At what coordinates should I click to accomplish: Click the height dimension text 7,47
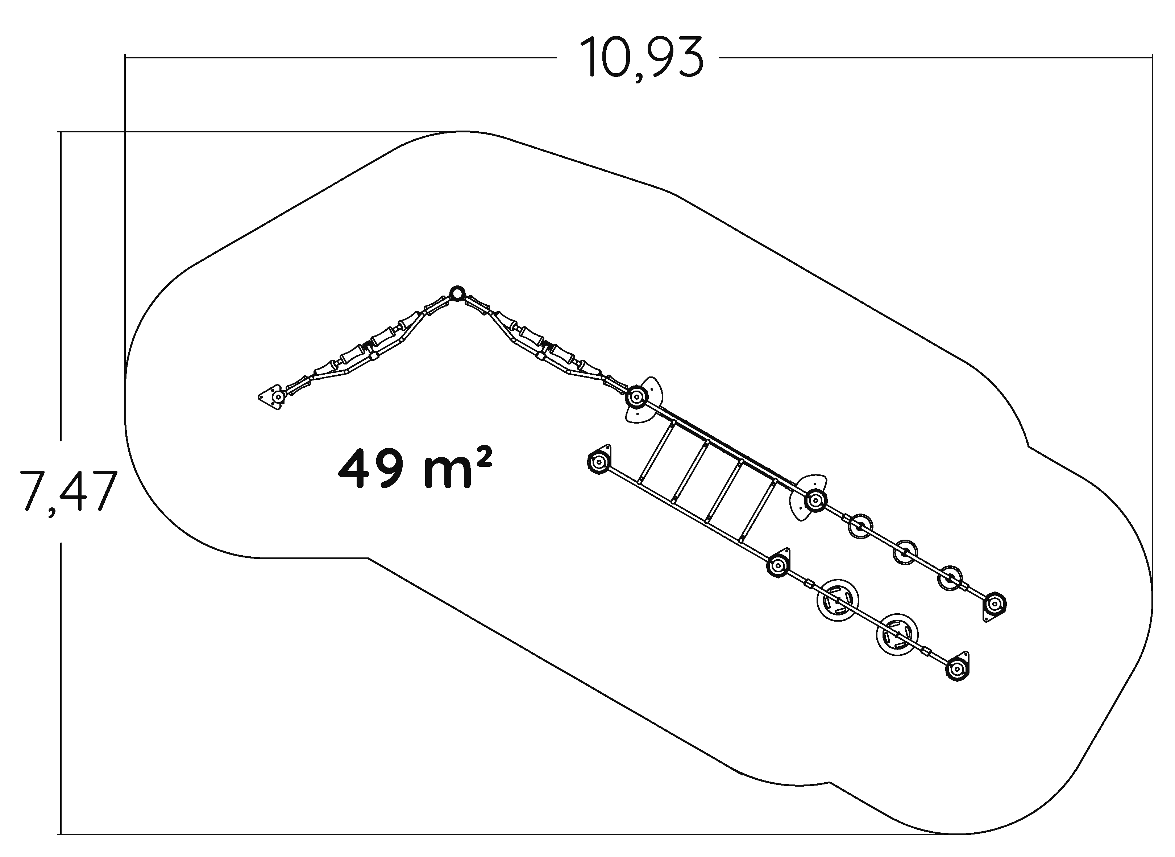point(67,491)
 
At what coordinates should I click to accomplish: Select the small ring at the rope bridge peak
point(456,294)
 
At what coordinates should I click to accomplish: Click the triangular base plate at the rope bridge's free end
point(271,397)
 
